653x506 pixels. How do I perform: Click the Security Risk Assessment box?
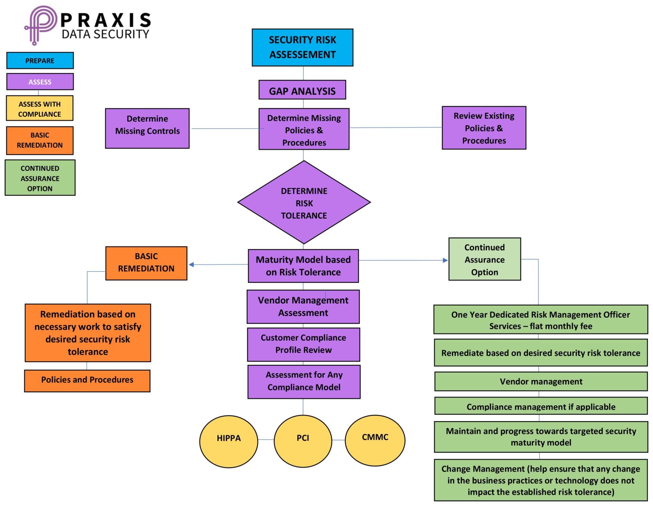302,47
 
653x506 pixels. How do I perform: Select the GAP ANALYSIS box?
302,90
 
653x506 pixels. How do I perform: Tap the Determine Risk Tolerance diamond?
304,203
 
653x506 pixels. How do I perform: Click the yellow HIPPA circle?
229,441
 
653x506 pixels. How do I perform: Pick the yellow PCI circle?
303,441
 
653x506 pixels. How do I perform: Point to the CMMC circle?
375,440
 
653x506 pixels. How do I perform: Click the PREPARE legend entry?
40,61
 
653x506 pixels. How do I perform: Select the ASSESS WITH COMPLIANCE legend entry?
39,109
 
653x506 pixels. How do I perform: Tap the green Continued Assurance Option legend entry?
40,178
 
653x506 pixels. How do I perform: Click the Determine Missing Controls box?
147,128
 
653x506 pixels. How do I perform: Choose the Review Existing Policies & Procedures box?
484,128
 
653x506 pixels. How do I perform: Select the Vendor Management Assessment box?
303,307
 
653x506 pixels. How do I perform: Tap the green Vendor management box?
541,381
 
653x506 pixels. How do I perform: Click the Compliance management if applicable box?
541,406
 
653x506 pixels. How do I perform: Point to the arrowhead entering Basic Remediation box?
191,264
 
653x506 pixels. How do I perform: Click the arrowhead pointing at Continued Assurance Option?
445,260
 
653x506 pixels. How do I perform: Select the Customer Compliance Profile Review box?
303,344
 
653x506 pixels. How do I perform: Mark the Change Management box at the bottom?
541,480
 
